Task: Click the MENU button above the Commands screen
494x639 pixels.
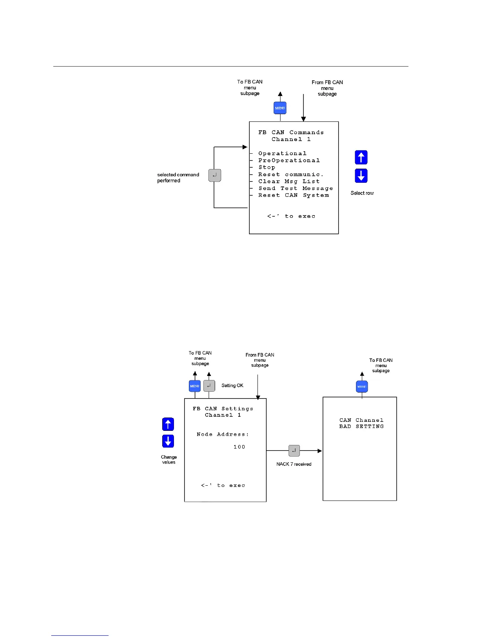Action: point(280,108)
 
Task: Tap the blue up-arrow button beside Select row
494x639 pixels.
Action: point(361,157)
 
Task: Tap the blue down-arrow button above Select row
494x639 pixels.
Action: point(361,176)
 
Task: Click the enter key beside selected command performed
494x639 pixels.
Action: point(215,175)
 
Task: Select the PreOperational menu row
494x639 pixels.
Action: point(289,161)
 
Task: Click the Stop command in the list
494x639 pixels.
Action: point(267,167)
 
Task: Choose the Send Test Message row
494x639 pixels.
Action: point(295,188)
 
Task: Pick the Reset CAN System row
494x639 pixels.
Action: point(293,195)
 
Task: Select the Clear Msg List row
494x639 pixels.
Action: point(289,182)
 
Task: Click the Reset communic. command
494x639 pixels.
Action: point(291,175)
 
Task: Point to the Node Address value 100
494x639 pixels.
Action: point(239,447)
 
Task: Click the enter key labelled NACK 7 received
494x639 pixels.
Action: point(294,451)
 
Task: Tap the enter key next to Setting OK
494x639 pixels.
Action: point(209,386)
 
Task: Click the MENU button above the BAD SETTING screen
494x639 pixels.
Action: point(362,386)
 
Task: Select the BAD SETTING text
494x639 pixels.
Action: point(362,426)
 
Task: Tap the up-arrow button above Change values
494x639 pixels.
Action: point(168,424)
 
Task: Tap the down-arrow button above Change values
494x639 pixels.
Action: point(168,441)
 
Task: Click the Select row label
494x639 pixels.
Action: point(362,193)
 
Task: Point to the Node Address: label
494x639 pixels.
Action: point(223,434)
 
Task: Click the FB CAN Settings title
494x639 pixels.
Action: point(223,409)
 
